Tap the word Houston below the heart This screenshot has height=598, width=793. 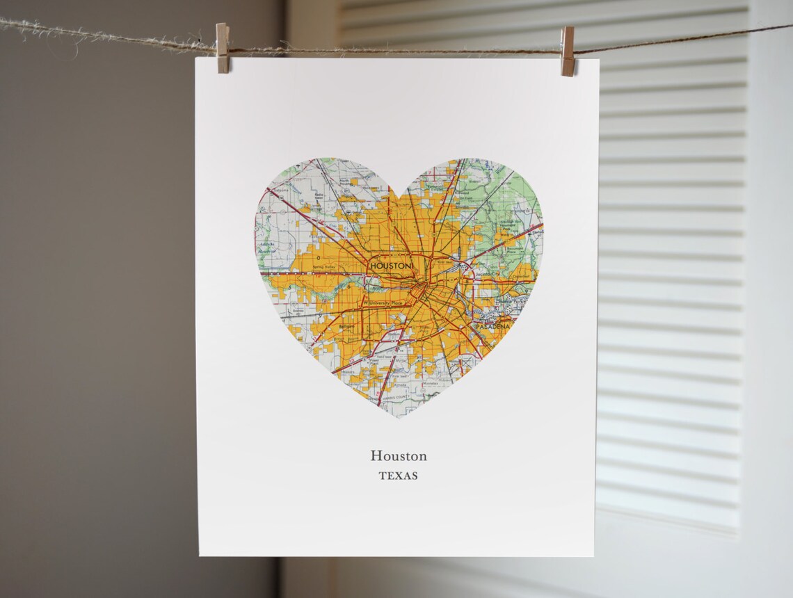click(399, 456)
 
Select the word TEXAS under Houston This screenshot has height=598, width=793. click(399, 476)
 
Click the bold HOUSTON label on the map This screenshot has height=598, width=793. click(392, 266)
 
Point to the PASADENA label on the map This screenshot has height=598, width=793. click(492, 325)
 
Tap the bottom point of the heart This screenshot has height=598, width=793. click(398, 417)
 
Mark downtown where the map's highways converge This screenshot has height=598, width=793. click(419, 291)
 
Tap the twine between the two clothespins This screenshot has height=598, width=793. click(397, 51)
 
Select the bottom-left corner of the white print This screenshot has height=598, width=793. click(200, 554)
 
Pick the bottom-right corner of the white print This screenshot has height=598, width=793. click(593, 556)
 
